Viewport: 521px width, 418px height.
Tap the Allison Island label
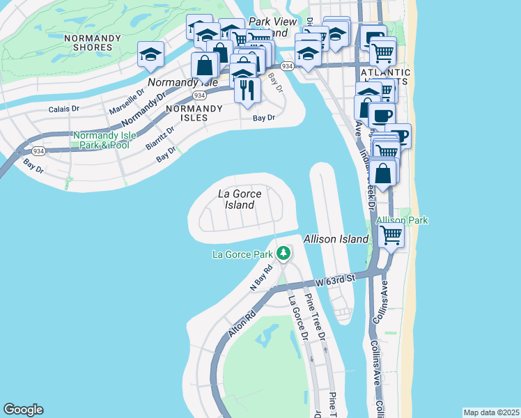point(336,239)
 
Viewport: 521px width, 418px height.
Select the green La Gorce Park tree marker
point(283,253)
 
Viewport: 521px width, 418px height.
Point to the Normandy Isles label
point(194,113)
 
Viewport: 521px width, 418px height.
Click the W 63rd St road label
point(335,280)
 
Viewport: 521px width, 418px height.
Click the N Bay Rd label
point(260,278)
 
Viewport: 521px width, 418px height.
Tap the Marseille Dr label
point(126,102)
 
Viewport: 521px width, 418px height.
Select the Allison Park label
point(402,220)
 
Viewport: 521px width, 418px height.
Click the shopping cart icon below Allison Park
point(391,235)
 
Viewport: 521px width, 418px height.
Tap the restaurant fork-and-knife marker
point(248,90)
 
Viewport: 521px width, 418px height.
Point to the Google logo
point(23,410)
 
